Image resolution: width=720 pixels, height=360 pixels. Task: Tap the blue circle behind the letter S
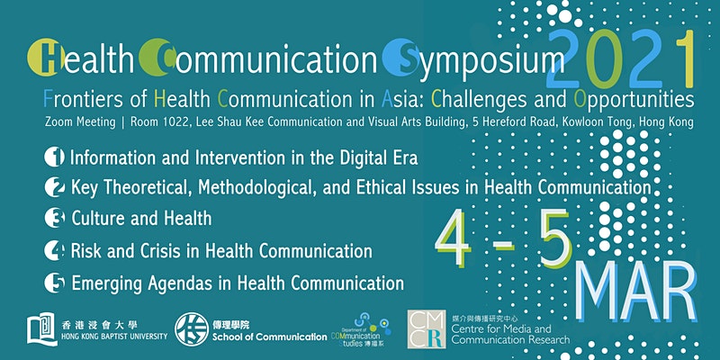click(400, 58)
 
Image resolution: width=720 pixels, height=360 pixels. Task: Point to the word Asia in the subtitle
click(398, 99)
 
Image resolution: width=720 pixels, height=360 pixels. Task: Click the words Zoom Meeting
click(80, 122)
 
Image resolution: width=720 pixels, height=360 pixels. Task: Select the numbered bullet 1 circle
click(54, 157)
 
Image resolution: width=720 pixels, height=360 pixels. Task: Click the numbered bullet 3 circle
click(54, 218)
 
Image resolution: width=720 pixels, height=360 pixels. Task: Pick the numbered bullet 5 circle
click(54, 283)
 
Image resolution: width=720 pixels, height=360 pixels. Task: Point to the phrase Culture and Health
click(141, 218)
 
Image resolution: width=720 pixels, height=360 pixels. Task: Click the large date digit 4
click(454, 239)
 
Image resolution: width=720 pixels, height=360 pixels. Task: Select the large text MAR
click(635, 291)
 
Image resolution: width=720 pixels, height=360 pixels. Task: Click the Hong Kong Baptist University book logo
click(42, 328)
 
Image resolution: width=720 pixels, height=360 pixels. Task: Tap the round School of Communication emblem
click(192, 329)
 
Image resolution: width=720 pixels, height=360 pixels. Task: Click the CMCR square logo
click(427, 328)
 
